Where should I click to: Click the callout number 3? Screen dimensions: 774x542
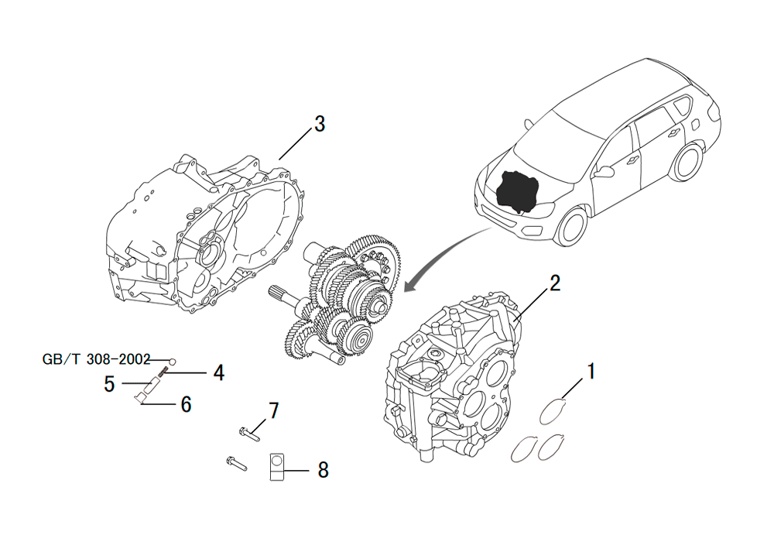320,124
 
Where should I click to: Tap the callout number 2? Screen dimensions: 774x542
555,284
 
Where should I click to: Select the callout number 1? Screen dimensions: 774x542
591,371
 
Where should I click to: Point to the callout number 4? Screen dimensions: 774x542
219,373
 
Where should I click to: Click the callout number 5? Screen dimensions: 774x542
110,384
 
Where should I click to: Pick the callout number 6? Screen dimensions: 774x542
186,404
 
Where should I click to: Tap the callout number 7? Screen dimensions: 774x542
273,410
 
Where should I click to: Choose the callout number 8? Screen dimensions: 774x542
323,470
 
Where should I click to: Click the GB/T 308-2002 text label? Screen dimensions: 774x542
96,359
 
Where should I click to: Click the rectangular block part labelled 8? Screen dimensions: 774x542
277,466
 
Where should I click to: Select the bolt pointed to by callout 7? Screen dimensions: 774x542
249,434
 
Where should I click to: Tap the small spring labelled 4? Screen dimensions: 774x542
164,371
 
